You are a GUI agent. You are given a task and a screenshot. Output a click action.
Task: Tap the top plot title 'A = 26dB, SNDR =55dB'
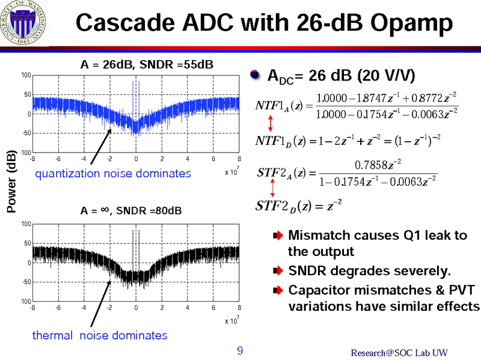pyautogui.click(x=147, y=64)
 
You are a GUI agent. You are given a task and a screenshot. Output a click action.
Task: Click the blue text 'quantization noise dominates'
pyautogui.click(x=112, y=174)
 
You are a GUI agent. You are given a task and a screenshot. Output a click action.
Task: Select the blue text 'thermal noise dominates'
pyautogui.click(x=100, y=335)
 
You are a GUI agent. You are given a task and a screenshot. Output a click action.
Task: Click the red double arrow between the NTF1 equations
pyautogui.click(x=271, y=124)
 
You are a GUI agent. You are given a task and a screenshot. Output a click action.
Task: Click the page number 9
pyautogui.click(x=240, y=351)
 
